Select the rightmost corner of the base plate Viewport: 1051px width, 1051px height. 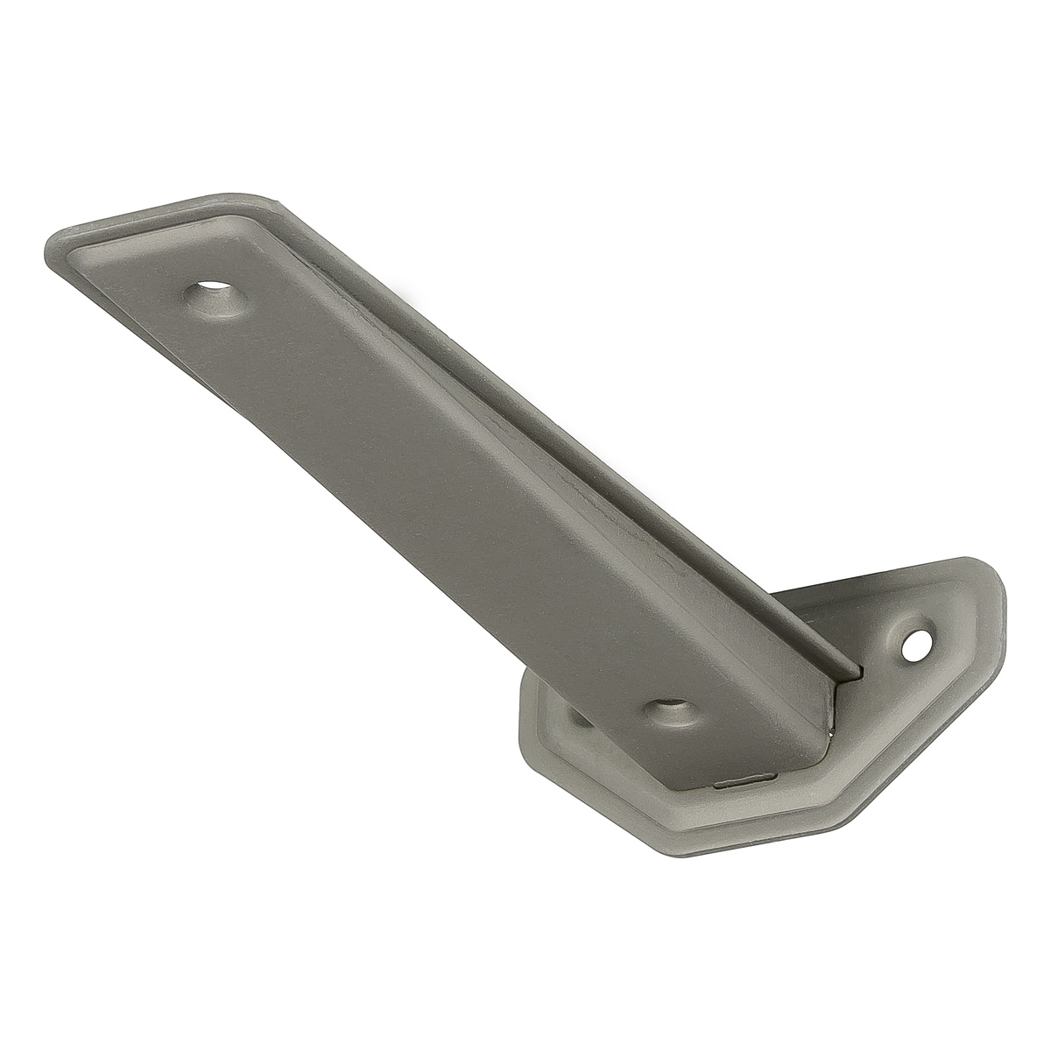[x=1003, y=604]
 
